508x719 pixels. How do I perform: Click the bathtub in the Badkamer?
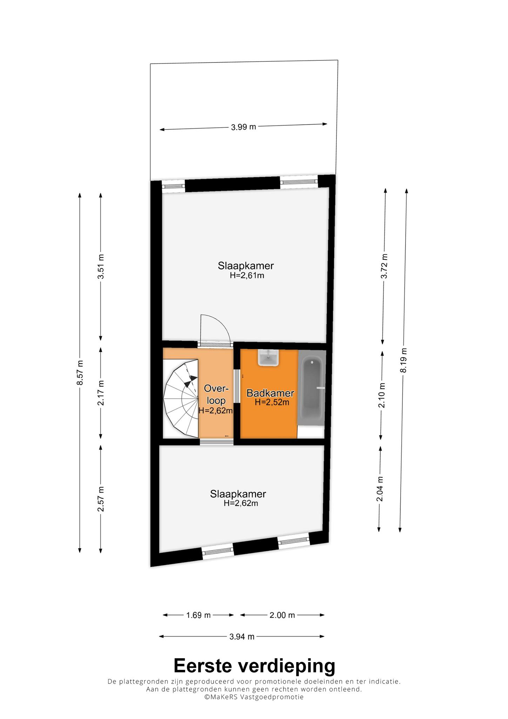tap(312, 388)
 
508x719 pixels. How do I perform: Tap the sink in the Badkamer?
tap(269, 358)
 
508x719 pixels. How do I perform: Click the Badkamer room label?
tap(270, 393)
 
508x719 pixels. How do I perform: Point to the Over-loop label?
tap(216, 395)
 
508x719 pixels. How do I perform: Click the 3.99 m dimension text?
tap(243, 127)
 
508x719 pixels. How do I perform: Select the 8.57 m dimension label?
tap(80, 372)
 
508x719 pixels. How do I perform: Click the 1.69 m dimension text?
tap(198, 615)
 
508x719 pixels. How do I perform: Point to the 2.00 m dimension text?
tap(282, 615)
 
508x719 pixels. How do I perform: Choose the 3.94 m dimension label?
tap(242, 636)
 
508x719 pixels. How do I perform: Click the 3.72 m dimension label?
tap(385, 266)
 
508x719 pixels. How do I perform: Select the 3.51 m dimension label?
tap(101, 266)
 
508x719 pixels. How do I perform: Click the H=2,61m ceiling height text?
tap(247, 276)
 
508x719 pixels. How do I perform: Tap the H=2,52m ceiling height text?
tap(272, 403)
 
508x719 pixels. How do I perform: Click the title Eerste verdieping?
tap(254, 666)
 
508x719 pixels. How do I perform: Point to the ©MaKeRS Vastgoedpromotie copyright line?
tap(254, 697)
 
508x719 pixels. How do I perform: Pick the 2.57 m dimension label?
tap(101, 499)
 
